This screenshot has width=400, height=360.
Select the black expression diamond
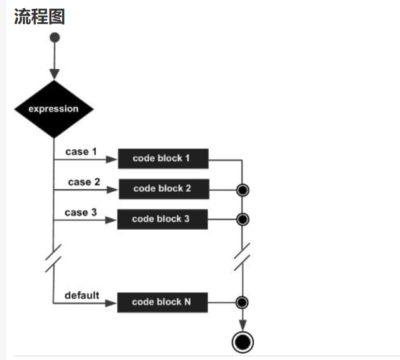tap(54, 109)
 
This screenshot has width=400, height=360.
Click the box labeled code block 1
tap(163, 158)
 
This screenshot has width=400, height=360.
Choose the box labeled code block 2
tap(163, 189)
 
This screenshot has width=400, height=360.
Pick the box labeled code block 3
tap(162, 219)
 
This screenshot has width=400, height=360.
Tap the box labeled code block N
tap(162, 302)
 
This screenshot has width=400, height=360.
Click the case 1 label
tap(81, 152)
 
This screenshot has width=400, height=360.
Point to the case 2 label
tap(84, 182)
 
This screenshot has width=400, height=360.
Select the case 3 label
tap(81, 212)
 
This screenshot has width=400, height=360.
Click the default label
tap(82, 295)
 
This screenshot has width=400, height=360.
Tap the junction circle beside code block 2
tap(242, 189)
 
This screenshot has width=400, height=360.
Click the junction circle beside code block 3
tap(242, 220)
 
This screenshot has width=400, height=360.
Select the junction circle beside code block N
tap(242, 302)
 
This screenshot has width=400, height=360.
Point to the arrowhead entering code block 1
tap(113, 159)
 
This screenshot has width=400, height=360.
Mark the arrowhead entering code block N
tap(112, 302)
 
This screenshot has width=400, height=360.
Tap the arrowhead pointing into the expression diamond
tap(54, 74)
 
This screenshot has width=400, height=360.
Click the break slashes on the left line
tap(54, 259)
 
